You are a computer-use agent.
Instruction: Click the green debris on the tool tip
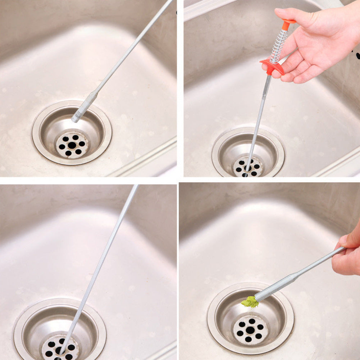click(x=250, y=302)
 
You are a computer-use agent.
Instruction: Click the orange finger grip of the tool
click(x=272, y=67)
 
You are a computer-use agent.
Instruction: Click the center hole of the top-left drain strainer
click(x=72, y=145)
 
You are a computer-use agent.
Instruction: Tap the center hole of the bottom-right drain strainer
click(x=250, y=330)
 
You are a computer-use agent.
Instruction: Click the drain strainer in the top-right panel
click(x=248, y=167)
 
